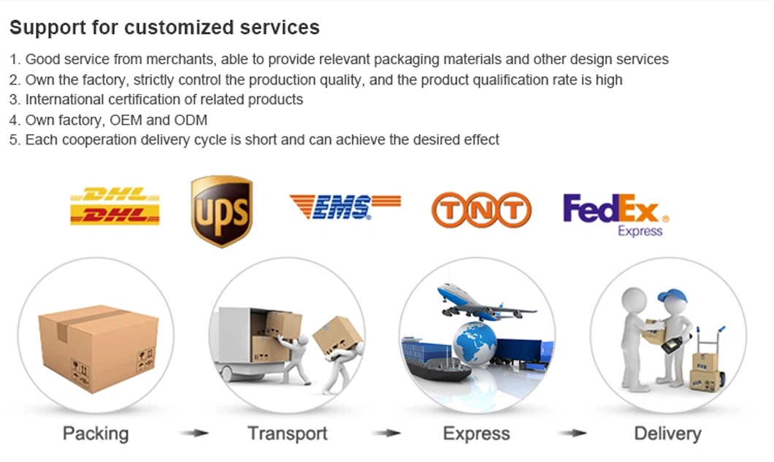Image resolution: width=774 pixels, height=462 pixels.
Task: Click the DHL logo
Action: pyautogui.click(x=115, y=206)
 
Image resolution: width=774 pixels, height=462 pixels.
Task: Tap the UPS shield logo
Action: pyautogui.click(x=222, y=211)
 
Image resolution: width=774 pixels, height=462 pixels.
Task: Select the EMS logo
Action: pyautogui.click(x=345, y=207)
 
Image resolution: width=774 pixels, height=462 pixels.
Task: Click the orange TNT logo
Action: pyautogui.click(x=481, y=209)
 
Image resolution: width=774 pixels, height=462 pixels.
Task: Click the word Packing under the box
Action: pyautogui.click(x=96, y=434)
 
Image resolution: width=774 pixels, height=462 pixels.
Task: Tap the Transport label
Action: pyautogui.click(x=287, y=434)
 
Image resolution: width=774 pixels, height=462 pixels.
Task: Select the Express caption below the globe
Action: pyautogui.click(x=476, y=434)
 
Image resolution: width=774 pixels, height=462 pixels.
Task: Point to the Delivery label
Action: pyautogui.click(x=667, y=434)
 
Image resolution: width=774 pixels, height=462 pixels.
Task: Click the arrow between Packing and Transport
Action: pyautogui.click(x=194, y=434)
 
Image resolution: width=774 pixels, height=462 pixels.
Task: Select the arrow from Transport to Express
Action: pyautogui.click(x=386, y=434)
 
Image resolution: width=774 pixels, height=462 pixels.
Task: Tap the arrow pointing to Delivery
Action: pyautogui.click(x=572, y=434)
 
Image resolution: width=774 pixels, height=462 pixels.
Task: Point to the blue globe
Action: pyautogui.click(x=475, y=344)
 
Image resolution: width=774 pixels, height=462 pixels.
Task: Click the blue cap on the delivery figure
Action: pyautogui.click(x=673, y=296)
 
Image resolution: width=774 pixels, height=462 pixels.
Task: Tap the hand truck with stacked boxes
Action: pyautogui.click(x=708, y=360)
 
